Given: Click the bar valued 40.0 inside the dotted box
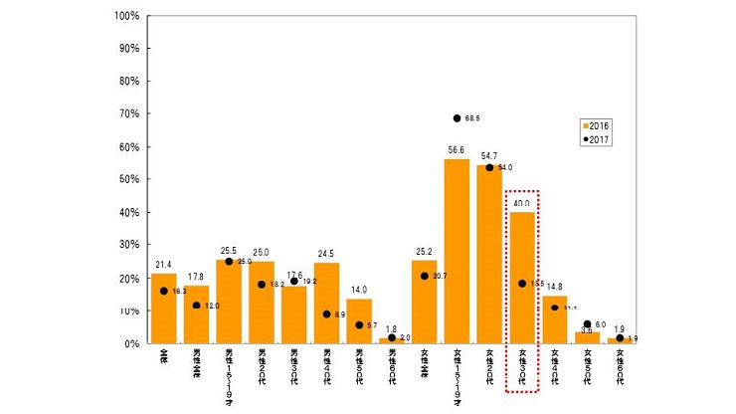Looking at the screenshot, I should [522, 278].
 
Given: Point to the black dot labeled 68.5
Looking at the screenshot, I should [458, 118].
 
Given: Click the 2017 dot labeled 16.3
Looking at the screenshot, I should [163, 291].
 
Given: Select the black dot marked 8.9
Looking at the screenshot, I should [327, 314].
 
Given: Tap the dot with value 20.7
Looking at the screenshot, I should [425, 276].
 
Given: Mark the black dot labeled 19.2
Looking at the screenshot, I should [294, 281].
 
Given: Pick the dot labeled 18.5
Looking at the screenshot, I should [522, 284].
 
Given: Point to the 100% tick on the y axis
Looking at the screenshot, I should [126, 16].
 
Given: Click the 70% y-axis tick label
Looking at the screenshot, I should [129, 114].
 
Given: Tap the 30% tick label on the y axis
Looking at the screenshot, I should [129, 245].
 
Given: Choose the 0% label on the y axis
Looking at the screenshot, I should [132, 343].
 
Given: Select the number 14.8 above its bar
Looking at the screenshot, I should [555, 288].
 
